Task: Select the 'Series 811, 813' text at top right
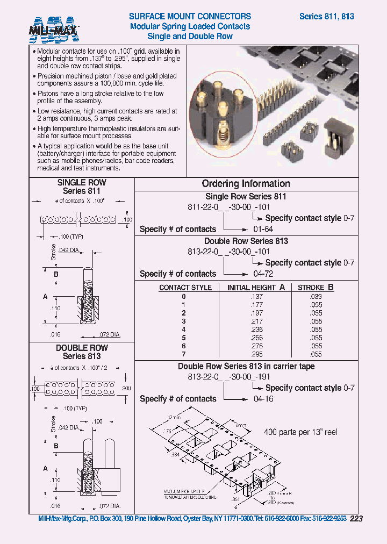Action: pyautogui.click(x=326, y=16)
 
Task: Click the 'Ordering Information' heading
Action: pyautogui.click(x=246, y=184)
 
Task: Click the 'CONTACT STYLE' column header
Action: pyautogui.click(x=185, y=288)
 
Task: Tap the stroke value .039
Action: pyautogui.click(x=316, y=296)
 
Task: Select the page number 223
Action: pyautogui.click(x=356, y=519)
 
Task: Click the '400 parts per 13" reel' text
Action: pyautogui.click(x=300, y=432)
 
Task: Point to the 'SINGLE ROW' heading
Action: pyautogui.click(x=82, y=183)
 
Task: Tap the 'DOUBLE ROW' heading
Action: pyautogui.click(x=82, y=348)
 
